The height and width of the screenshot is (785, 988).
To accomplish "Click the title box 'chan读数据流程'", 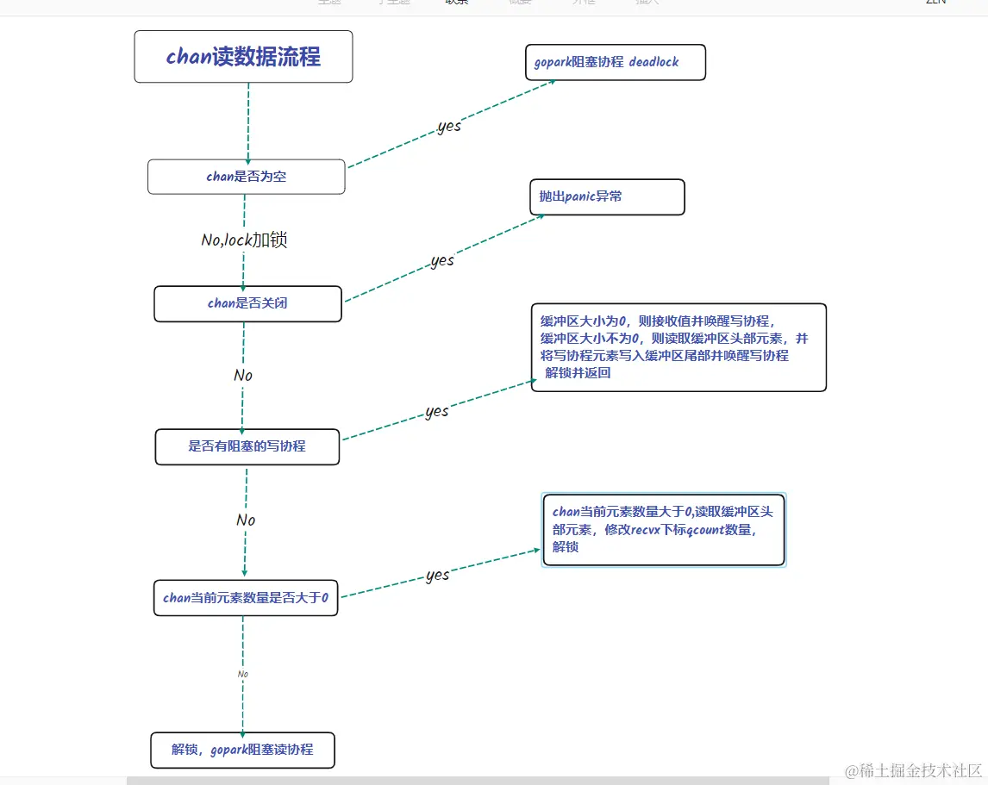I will [x=243, y=57].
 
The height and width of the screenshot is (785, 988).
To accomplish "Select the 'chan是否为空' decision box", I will [x=247, y=177].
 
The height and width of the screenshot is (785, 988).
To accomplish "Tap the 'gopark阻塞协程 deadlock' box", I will [x=616, y=63].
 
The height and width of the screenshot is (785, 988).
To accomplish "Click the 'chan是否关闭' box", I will [x=247, y=303].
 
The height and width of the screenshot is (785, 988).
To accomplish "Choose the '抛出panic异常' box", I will [x=606, y=196].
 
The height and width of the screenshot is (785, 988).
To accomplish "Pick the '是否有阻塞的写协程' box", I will [x=247, y=446].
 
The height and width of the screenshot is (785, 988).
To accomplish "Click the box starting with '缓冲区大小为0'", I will [x=678, y=347].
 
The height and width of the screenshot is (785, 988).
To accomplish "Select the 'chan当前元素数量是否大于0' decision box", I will [x=246, y=597].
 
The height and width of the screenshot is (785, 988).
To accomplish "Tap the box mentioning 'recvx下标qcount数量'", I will [x=664, y=529].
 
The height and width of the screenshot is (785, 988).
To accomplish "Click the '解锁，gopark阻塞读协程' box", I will [x=242, y=750].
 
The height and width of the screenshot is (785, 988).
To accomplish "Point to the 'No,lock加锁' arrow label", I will [x=244, y=240].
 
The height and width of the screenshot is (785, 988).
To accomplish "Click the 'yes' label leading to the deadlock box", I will [x=449, y=127].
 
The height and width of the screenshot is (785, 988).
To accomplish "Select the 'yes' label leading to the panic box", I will [x=442, y=261].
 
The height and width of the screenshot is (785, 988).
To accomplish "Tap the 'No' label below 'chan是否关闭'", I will [x=243, y=376].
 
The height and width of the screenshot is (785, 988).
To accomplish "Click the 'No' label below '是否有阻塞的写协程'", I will [x=246, y=520].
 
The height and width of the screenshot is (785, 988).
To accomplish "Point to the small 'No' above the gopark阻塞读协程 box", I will [x=243, y=674].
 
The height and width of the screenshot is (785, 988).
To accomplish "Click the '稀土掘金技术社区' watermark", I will [x=914, y=769].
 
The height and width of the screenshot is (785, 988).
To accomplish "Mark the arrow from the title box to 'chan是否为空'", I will [x=248, y=121].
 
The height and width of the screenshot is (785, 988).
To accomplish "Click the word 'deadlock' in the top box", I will [x=654, y=63].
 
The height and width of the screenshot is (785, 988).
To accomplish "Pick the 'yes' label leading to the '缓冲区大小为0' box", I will [x=437, y=412].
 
